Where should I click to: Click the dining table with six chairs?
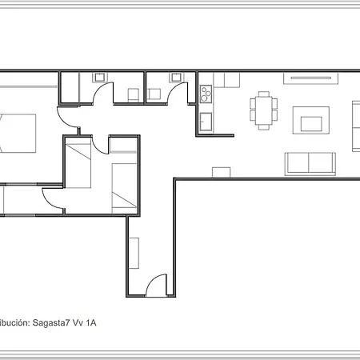(x=263, y=109)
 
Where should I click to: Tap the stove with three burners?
(x=206, y=94)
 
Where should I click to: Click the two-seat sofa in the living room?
(x=310, y=163)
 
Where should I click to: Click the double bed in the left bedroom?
(x=19, y=133)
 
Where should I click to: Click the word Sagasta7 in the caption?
(x=51, y=323)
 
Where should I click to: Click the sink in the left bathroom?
(x=101, y=78)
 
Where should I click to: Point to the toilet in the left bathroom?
(x=132, y=94)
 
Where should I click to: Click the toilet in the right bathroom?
(x=154, y=94)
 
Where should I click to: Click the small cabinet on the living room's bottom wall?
(x=222, y=171)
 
